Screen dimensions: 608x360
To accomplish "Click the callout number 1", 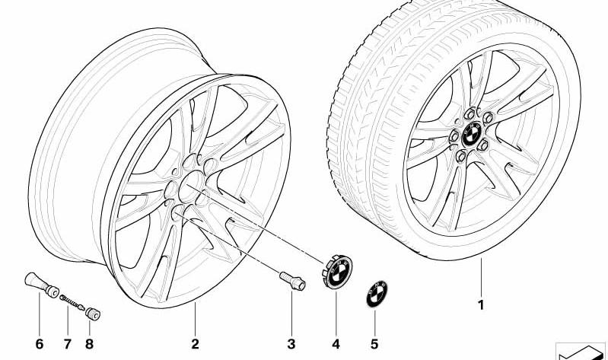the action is pyautogui.click(x=481, y=305).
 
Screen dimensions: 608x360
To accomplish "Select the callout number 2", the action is pyautogui.click(x=195, y=344).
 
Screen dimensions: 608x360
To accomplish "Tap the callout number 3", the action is pyautogui.click(x=291, y=344).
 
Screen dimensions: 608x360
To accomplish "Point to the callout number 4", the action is pyautogui.click(x=336, y=344).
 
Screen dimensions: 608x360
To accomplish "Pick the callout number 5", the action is pyautogui.click(x=374, y=344).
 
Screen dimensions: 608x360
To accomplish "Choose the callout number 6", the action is pyautogui.click(x=39, y=344).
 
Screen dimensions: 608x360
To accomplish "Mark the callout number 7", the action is pyautogui.click(x=68, y=344).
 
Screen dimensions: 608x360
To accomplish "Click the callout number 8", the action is pyautogui.click(x=89, y=344).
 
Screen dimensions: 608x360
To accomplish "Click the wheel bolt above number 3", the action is pyautogui.click(x=292, y=281).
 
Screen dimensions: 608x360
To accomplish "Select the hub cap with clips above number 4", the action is pyautogui.click(x=337, y=272).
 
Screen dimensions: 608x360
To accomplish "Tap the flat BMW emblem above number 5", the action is pyautogui.click(x=377, y=294).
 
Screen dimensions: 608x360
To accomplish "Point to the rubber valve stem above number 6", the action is pyautogui.click(x=41, y=285).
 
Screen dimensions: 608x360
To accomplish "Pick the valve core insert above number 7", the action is pyautogui.click(x=72, y=303).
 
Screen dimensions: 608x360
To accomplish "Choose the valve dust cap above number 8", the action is pyautogui.click(x=93, y=314).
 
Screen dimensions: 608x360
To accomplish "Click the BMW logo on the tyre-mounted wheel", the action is pyautogui.click(x=472, y=134).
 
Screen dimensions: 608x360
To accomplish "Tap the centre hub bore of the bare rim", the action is pyautogui.click(x=191, y=186).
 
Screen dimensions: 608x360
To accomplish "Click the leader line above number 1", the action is pyautogui.click(x=481, y=278).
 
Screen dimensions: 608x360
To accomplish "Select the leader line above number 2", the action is pyautogui.click(x=195, y=319).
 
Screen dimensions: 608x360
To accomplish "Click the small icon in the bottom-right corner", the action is pyautogui.click(x=580, y=351).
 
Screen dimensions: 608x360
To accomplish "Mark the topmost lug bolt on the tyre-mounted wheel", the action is pyautogui.click(x=470, y=113).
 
